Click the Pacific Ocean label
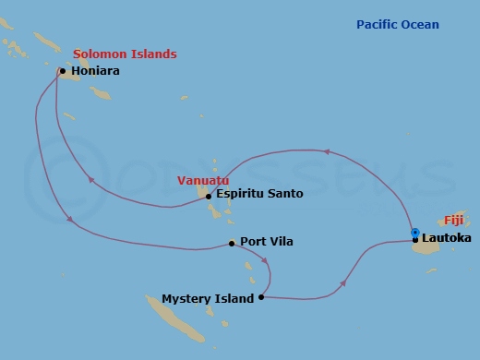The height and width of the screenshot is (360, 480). pyautogui.click(x=398, y=25)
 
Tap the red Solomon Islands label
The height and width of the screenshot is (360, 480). pyautogui.click(x=125, y=54)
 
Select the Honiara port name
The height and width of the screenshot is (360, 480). pyautogui.click(x=97, y=71)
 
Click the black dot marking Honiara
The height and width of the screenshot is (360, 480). pyautogui.click(x=62, y=70)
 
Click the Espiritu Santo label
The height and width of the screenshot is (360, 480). pyautogui.click(x=259, y=194)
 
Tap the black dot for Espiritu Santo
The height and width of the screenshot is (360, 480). pyautogui.click(x=209, y=196)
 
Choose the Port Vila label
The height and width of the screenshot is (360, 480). pyautogui.click(x=267, y=242)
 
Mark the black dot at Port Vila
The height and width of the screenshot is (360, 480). pyautogui.click(x=232, y=244)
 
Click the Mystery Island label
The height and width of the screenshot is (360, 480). pyautogui.click(x=208, y=298)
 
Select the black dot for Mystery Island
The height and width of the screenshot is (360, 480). pyautogui.click(x=262, y=297)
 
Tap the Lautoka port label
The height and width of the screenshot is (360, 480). pyautogui.click(x=447, y=240)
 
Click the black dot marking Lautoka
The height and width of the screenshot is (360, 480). pyautogui.click(x=415, y=240)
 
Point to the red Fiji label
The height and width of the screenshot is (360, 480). pyautogui.click(x=453, y=221)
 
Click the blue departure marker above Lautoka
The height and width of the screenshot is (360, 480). pyautogui.click(x=415, y=232)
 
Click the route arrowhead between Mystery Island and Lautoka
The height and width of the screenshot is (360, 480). pyautogui.click(x=344, y=283)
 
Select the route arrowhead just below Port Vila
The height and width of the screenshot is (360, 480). pyautogui.click(x=267, y=262)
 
